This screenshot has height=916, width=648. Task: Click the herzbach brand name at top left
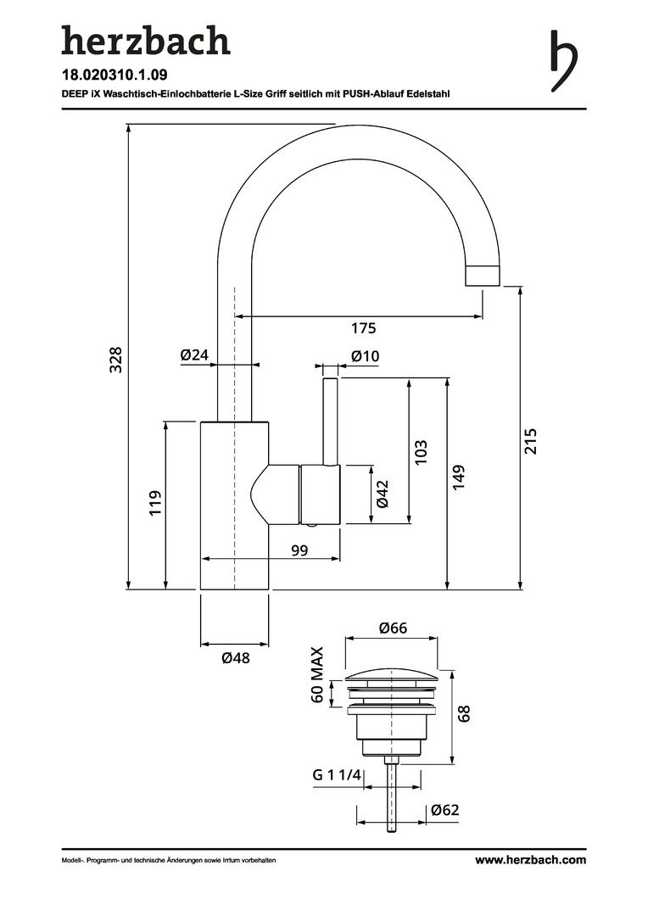(x=145, y=42)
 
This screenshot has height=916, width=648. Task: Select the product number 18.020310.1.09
(x=115, y=75)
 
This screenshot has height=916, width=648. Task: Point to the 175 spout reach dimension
(x=363, y=328)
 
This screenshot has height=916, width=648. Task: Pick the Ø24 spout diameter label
(x=194, y=356)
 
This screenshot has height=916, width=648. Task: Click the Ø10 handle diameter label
(x=365, y=356)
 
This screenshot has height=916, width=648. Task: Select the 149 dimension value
(x=458, y=477)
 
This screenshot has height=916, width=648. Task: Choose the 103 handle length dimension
(x=421, y=450)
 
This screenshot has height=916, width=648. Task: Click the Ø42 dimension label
(x=383, y=494)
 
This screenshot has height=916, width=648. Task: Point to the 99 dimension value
(x=299, y=551)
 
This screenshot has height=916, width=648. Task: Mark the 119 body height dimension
(x=155, y=504)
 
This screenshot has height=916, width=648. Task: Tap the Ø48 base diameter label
(x=235, y=657)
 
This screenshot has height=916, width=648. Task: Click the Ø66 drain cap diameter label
(x=394, y=628)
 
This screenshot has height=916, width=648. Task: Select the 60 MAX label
(x=317, y=675)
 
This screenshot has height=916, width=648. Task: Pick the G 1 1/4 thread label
(x=337, y=775)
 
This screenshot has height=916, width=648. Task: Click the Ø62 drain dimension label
(x=444, y=810)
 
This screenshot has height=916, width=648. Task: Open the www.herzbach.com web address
(x=530, y=860)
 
